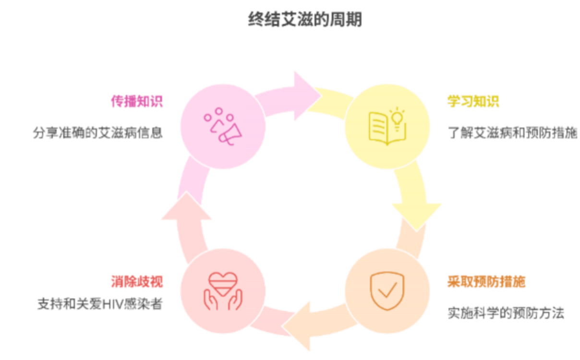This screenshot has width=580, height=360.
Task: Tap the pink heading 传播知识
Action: point(137,102)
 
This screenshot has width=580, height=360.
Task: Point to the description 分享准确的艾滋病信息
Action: point(98,132)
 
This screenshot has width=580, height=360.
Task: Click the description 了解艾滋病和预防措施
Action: point(512,133)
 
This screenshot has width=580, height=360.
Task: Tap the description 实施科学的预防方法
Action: point(506,313)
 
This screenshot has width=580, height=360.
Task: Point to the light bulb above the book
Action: point(397,118)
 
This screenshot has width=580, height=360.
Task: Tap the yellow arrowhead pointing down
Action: point(416,214)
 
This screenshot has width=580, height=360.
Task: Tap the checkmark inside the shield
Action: point(388,289)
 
